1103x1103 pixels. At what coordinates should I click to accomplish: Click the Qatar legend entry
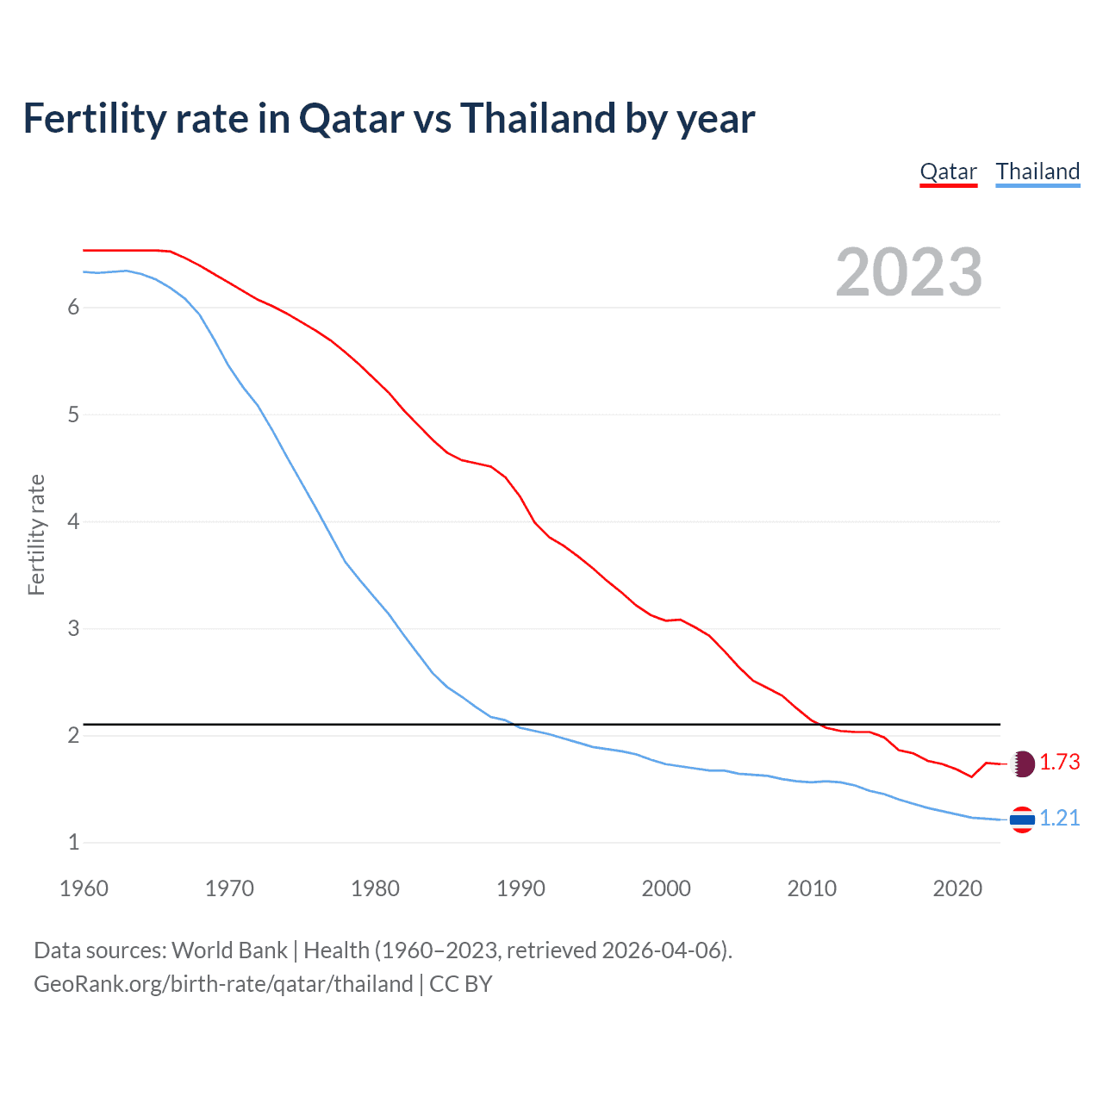tap(948, 171)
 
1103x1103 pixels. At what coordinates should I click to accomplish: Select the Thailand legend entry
tap(1038, 171)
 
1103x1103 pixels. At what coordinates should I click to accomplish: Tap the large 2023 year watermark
tap(908, 272)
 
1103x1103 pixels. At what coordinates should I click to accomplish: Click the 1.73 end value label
tap(1059, 763)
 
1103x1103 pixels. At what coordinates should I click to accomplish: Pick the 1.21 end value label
tap(1059, 819)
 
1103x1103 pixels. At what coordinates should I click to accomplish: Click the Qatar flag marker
tap(1022, 763)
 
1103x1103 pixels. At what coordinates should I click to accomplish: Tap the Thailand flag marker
tap(1022, 819)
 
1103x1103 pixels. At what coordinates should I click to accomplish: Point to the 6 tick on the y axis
tap(73, 308)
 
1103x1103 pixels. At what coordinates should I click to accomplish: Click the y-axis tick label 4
tap(73, 521)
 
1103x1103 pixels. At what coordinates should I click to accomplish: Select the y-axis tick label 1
tap(73, 842)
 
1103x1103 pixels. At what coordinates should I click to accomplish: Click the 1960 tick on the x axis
tap(84, 888)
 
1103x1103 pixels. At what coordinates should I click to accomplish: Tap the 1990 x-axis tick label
tap(520, 888)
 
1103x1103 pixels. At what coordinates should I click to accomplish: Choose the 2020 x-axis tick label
tap(957, 888)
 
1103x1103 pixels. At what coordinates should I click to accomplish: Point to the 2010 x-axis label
tap(812, 888)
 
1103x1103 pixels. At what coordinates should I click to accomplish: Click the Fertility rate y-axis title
tap(36, 534)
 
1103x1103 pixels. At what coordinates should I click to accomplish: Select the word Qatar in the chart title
tap(351, 118)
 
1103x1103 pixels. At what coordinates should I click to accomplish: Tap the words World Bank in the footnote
tap(229, 950)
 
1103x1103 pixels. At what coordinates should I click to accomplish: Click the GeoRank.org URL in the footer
tap(223, 984)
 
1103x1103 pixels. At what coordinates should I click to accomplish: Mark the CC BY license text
tap(460, 984)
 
